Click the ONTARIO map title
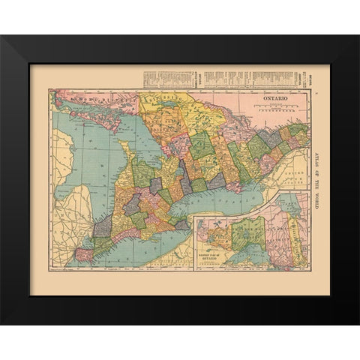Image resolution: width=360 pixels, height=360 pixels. (x=274, y=98)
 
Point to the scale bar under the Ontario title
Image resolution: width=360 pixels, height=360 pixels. (x=274, y=109)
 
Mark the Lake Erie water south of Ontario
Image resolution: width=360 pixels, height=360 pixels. (x=150, y=251)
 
